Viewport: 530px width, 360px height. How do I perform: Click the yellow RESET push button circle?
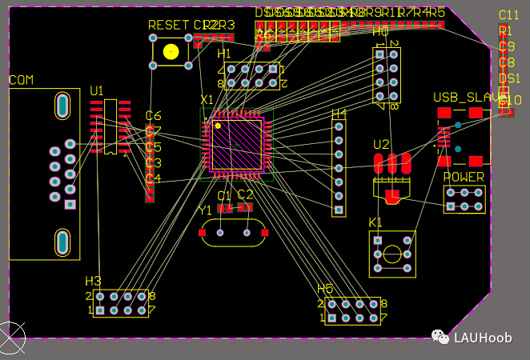tap(171, 51)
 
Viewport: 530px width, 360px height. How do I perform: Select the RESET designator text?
tap(169, 26)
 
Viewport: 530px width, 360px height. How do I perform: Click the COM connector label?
tap(21, 80)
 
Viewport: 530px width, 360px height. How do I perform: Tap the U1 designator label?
tap(97, 91)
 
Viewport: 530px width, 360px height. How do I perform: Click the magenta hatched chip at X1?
tap(237, 145)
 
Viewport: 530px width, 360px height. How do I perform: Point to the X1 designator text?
tap(207, 100)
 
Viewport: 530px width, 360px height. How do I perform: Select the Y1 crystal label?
tap(206, 210)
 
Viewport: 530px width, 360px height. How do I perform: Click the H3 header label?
tap(94, 281)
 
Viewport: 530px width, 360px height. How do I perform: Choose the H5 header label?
tap(325, 289)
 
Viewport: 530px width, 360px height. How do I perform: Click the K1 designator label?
tap(375, 222)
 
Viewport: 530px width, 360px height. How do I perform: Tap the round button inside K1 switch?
tap(392, 254)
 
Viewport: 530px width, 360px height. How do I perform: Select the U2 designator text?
tap(381, 145)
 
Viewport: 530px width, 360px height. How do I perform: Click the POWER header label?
tap(464, 177)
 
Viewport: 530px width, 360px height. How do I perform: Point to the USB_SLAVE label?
tap(468, 97)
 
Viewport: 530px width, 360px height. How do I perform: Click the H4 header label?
tap(339, 113)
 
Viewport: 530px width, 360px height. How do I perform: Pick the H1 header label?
tap(225, 53)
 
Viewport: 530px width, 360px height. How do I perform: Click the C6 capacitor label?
tap(153, 116)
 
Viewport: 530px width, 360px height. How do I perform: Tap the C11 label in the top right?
tap(508, 15)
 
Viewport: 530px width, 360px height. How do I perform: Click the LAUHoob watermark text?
tap(483, 338)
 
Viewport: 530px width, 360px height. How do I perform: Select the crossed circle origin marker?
tap(11, 337)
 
